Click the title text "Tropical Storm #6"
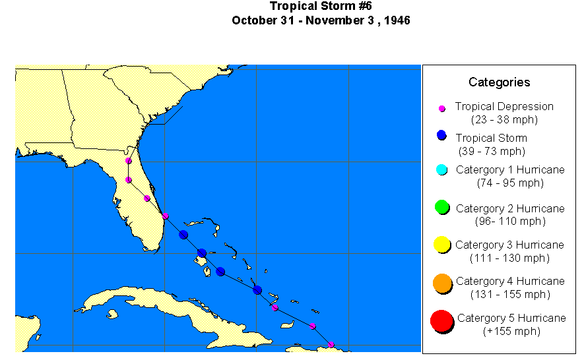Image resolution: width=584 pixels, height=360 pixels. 321,7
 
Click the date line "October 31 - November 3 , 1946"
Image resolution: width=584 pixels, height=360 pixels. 321,20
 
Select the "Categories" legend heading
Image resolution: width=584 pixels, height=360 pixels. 499,82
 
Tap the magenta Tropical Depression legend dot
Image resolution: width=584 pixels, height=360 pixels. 442,108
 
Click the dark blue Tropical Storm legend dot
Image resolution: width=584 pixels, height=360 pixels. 442,136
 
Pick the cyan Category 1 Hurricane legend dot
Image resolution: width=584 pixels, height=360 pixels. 442,170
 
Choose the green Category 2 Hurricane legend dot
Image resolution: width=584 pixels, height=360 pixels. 442,207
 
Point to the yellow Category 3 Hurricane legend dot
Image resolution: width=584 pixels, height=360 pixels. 442,245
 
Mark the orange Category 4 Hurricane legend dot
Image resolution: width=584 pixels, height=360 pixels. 442,283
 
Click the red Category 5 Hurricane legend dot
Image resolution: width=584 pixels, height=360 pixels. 441,321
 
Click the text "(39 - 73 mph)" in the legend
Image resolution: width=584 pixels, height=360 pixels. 492,151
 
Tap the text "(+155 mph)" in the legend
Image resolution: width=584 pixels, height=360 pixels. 511,331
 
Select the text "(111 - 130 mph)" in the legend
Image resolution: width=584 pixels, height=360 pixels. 509,258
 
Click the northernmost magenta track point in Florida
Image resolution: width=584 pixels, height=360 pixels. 129,161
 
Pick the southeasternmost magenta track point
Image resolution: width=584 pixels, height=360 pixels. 331,345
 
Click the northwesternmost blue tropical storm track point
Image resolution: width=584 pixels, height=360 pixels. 183,235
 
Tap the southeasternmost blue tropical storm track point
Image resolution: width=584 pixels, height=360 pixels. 257,290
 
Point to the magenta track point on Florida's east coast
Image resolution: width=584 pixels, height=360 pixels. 166,216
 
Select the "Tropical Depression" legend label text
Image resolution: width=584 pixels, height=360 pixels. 504,106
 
